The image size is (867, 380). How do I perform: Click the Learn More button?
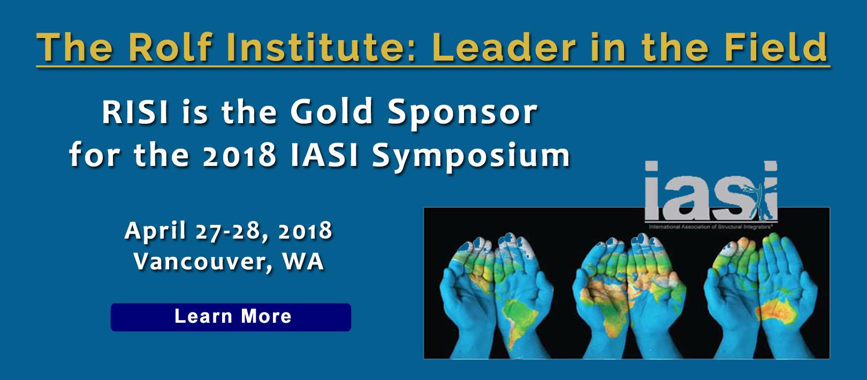pyautogui.click(x=231, y=317)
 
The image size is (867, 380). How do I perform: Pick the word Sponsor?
pyautogui.click(x=462, y=114)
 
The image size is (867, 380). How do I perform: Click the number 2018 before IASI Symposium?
pyautogui.click(x=240, y=156)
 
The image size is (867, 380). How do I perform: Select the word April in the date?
pyautogui.click(x=155, y=231)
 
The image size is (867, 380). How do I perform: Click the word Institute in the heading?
pyautogui.click(x=315, y=47)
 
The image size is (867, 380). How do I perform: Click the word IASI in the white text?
pyautogui.click(x=324, y=156)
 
